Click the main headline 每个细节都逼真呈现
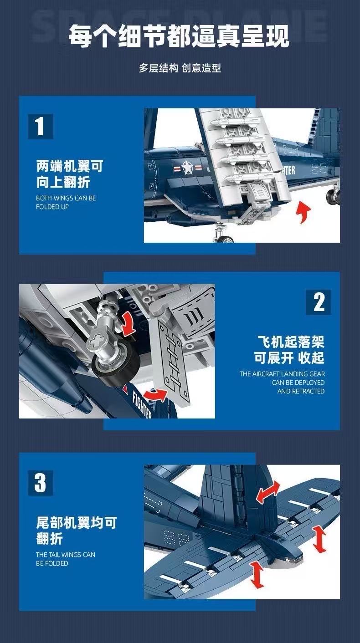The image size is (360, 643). [x=179, y=36]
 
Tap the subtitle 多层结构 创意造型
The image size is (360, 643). [x=180, y=68]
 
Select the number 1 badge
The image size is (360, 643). [x=40, y=126]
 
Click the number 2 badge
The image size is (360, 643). [x=319, y=302]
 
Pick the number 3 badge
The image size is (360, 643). [x=40, y=483]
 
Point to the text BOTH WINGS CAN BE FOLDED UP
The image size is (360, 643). [x=66, y=202]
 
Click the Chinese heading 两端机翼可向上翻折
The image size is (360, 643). [x=69, y=174]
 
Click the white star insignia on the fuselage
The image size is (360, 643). [x=187, y=168]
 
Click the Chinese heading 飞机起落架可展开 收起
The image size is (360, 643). [x=289, y=350]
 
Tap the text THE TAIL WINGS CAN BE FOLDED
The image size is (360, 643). [x=65, y=559]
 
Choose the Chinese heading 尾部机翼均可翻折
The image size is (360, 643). [x=76, y=531]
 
